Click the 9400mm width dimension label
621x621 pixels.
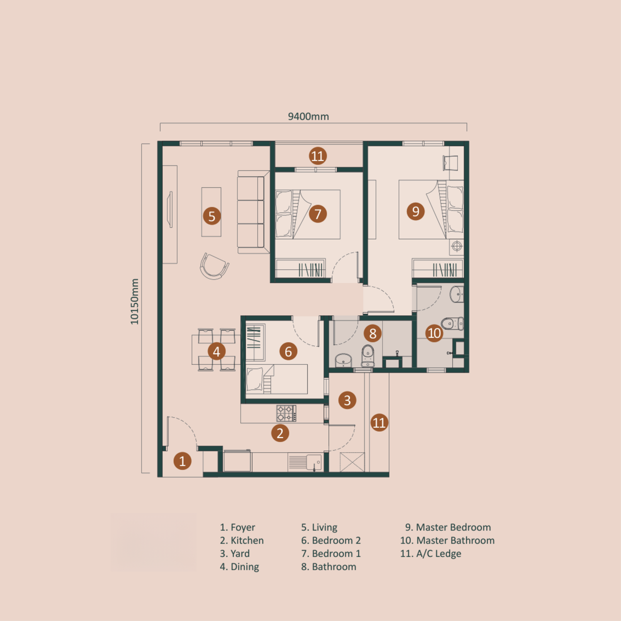tap(308, 116)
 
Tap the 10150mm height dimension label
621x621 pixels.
tap(135, 301)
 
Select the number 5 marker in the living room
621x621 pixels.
tap(212, 216)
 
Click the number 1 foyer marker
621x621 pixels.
tap(182, 461)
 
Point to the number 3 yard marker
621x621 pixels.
tap(347, 400)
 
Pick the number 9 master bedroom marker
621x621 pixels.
tap(416, 212)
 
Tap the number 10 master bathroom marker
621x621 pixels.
tap(434, 333)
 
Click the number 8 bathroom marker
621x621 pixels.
tap(373, 333)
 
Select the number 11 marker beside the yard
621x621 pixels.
tap(379, 423)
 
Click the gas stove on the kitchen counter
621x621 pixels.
tap(286, 413)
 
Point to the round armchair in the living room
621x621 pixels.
tap(214, 266)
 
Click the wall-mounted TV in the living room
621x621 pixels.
tap(170, 209)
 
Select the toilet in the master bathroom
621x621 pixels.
tap(452, 323)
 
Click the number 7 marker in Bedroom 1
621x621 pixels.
tap(318, 214)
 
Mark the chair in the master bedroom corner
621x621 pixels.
tap(450, 163)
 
